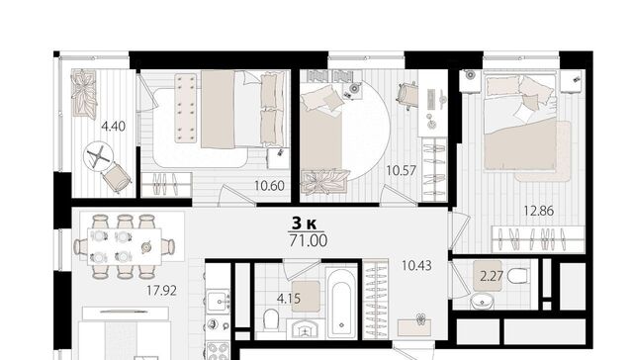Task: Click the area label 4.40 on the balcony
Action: coord(113,127)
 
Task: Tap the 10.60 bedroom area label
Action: coord(269,186)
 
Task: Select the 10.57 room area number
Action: coord(401,171)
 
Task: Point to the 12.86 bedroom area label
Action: coord(538,211)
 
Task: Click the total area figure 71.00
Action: coord(309,240)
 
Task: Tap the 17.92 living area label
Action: coord(161,291)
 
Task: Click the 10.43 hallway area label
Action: coord(416,266)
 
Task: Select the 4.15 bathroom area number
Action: coord(289,299)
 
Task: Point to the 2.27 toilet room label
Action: coord(492,276)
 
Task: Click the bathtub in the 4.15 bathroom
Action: coord(341,303)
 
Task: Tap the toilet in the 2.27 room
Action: coord(517,277)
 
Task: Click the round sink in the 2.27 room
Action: coord(482,301)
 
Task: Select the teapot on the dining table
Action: coord(146,246)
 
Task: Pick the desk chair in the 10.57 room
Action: coord(408,96)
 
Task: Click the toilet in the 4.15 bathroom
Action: coord(271,319)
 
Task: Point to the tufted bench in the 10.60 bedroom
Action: coord(186,108)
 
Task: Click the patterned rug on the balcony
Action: coord(84,94)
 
